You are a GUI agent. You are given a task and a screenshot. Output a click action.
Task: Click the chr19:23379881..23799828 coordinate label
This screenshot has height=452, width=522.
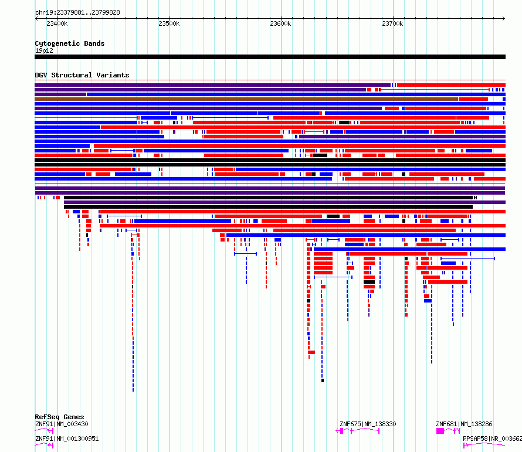(x=77, y=12)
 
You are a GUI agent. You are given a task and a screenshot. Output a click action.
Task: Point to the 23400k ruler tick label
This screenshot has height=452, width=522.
(x=57, y=24)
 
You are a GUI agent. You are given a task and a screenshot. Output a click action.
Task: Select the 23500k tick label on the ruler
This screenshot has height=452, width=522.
(x=169, y=24)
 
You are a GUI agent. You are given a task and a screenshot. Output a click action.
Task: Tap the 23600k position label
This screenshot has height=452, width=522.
(x=280, y=24)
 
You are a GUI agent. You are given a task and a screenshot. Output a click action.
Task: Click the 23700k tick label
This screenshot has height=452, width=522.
(x=392, y=24)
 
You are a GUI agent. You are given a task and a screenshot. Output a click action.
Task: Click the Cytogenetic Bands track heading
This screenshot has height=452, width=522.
(x=69, y=43)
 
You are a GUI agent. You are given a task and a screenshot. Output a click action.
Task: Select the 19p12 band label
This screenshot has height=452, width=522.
(x=43, y=50)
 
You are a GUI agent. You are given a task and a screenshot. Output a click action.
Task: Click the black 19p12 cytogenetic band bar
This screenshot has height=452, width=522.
(x=270, y=57)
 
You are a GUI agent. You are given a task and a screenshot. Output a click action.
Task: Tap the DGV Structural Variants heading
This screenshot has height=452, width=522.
(x=82, y=75)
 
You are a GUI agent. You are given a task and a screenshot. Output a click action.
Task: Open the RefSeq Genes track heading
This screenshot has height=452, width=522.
(x=59, y=417)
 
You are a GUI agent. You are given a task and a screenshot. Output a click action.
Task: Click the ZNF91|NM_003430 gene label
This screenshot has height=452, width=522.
(x=62, y=424)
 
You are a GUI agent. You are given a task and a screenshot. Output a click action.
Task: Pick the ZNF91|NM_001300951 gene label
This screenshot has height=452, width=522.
(x=66, y=439)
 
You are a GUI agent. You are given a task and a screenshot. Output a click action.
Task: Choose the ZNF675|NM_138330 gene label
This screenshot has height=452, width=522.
(x=368, y=424)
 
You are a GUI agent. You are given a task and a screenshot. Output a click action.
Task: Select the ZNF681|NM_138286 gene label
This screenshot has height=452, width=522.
(x=464, y=424)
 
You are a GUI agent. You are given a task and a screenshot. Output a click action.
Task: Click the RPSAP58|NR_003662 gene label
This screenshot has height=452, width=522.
(x=492, y=439)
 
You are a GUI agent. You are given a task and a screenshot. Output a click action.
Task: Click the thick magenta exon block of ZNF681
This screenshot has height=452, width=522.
(x=440, y=431)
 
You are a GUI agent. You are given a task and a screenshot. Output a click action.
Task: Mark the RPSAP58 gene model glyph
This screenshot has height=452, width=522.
(x=484, y=446)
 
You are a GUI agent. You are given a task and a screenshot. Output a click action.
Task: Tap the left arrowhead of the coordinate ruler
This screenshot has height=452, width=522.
(x=36, y=18)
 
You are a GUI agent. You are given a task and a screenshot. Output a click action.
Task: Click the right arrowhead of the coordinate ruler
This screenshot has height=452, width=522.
(x=504, y=18)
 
